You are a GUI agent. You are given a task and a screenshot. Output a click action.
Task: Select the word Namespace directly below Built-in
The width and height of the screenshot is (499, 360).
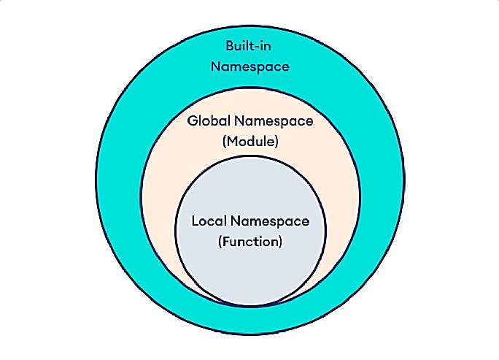click(x=249, y=66)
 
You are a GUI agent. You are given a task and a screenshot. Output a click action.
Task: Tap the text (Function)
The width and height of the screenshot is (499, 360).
click(x=249, y=241)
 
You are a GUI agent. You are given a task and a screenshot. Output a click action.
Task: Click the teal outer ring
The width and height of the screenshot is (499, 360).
click(x=124, y=183)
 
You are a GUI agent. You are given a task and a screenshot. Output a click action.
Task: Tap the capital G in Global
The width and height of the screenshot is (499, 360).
click(x=192, y=122)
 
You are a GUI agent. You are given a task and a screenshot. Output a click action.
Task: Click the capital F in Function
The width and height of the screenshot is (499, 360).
click(x=225, y=241)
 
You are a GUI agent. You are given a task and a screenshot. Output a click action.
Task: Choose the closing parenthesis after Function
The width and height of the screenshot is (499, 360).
click(x=279, y=241)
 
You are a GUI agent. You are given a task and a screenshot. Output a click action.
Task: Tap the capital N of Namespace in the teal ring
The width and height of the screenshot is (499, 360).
click(x=215, y=66)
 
